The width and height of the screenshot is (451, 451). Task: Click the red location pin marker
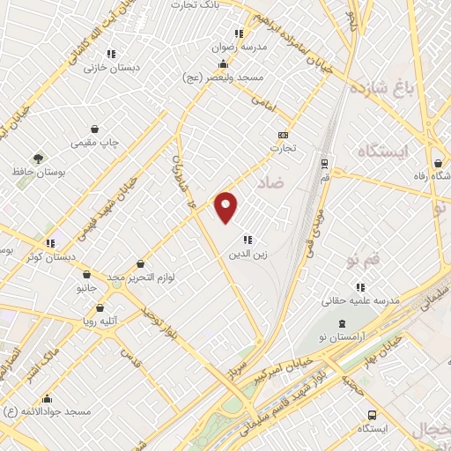tap(226, 206)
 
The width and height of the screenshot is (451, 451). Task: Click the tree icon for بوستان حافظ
tap(38, 158)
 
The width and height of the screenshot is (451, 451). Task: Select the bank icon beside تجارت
tap(283, 135)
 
